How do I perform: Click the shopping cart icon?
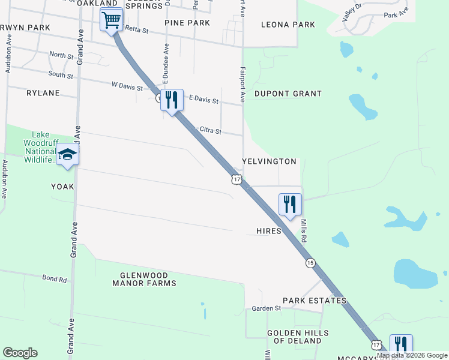111,20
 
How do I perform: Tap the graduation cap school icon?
68,155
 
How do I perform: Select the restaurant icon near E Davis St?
172,100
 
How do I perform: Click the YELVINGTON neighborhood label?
270,162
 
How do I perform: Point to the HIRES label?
268,231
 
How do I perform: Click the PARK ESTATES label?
315,301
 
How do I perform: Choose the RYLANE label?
43,93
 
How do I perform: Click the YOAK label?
62,187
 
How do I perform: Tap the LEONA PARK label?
288,25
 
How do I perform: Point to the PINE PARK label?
187,23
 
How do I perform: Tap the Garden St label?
267,308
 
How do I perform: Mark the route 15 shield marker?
310,263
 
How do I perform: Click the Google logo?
20,353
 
